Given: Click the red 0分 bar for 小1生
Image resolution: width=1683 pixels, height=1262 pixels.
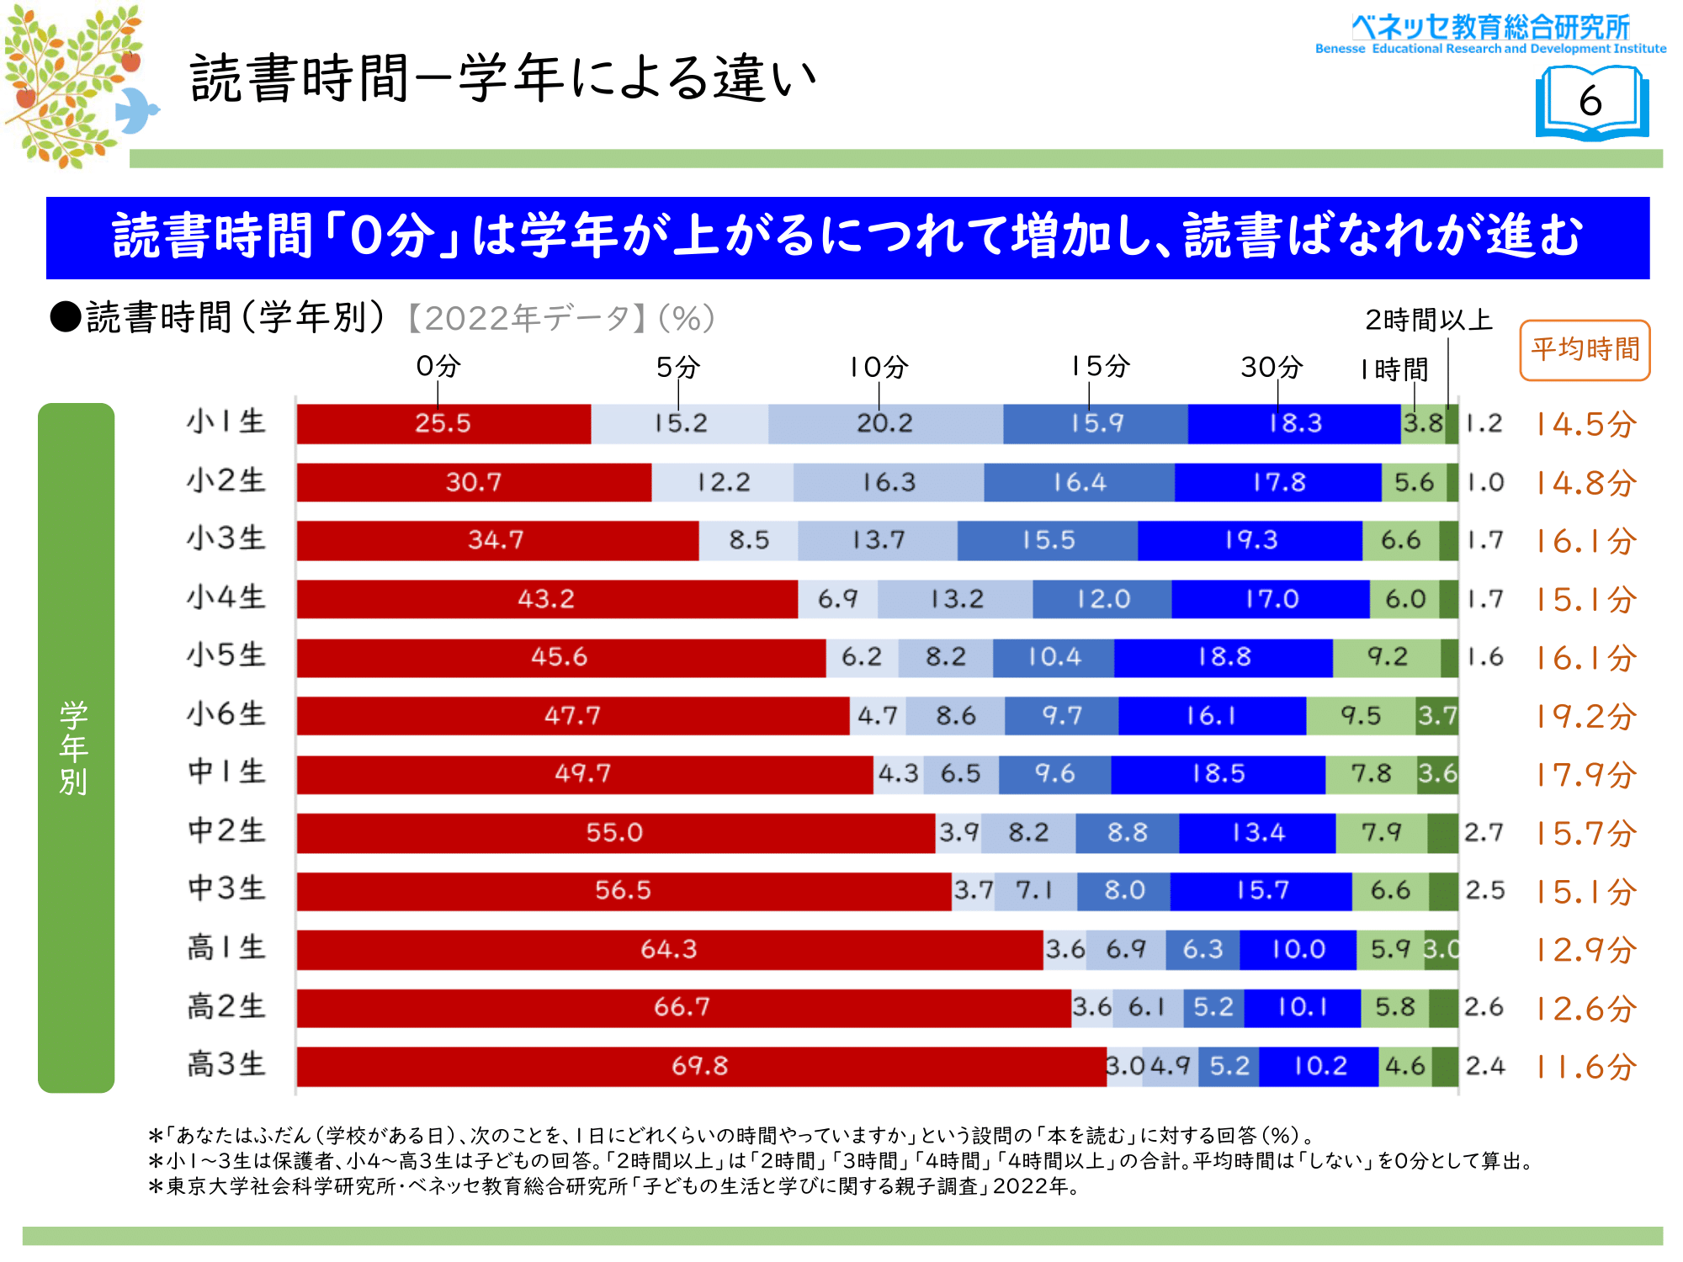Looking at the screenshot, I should tap(443, 423).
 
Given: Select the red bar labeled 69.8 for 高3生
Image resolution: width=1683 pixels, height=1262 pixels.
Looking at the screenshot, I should tap(700, 1066).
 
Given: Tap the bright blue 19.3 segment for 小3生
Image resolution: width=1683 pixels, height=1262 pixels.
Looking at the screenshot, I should tap(1250, 540).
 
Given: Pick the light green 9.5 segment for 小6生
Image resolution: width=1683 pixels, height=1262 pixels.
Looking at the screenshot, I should tap(1361, 716).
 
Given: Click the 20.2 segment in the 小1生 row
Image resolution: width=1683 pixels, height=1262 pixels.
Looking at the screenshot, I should tap(884, 423).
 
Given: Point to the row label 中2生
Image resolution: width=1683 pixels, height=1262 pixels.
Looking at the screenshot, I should tap(226, 831).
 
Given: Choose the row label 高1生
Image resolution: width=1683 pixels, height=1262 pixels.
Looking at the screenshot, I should tap(226, 948).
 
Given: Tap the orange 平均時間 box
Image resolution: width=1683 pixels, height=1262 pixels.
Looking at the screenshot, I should tap(1585, 350).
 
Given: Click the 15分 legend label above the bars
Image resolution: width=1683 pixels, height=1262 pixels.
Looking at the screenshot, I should tap(1100, 367).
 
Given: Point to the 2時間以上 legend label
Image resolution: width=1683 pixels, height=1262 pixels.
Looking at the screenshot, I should tap(1428, 320).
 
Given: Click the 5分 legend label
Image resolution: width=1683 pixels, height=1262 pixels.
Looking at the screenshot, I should tap(677, 367).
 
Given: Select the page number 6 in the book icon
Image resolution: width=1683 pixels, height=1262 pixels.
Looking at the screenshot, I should tap(1590, 102).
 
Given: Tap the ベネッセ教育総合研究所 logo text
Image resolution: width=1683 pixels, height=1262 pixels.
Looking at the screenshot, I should tap(1490, 28).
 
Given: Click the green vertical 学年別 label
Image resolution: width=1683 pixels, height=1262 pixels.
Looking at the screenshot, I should tap(75, 747).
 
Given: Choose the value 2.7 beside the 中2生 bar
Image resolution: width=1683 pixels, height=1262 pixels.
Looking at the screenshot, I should tap(1484, 833).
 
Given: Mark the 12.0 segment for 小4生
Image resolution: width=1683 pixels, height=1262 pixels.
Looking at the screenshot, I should tap(1102, 599).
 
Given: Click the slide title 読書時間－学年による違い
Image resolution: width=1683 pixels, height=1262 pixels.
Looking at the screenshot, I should tap(503, 78).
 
